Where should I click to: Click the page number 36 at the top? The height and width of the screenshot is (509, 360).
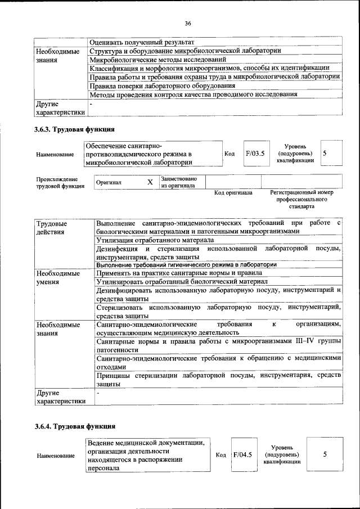click(x=188, y=23)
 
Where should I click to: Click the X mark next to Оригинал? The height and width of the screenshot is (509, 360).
click(x=150, y=182)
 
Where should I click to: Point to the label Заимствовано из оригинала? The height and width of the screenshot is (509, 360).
click(x=178, y=182)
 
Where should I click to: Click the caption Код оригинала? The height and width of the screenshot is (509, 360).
click(x=233, y=193)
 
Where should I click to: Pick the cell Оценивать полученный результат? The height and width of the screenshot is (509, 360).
click(x=142, y=42)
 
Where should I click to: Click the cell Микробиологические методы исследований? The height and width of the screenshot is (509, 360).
click(x=157, y=59)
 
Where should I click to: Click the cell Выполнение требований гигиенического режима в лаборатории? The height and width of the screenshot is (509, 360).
click(x=186, y=264)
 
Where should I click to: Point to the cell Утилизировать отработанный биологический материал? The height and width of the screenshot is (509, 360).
click(x=181, y=281)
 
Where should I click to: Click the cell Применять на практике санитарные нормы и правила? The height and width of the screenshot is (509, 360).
click(x=178, y=273)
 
